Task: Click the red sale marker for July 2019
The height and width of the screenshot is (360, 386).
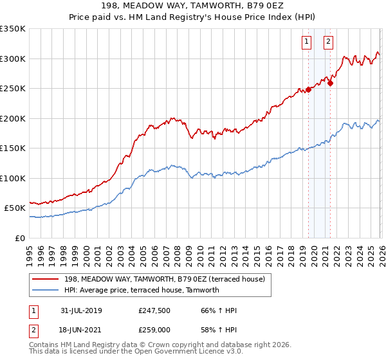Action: click(308, 89)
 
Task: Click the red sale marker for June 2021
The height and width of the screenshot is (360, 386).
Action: click(330, 82)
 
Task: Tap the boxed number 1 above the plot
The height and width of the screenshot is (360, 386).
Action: click(306, 42)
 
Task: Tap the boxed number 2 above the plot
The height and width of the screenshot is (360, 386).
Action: click(328, 42)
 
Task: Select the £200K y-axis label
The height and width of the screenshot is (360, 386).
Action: click(13, 118)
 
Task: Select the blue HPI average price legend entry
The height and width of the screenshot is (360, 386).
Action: click(142, 290)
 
